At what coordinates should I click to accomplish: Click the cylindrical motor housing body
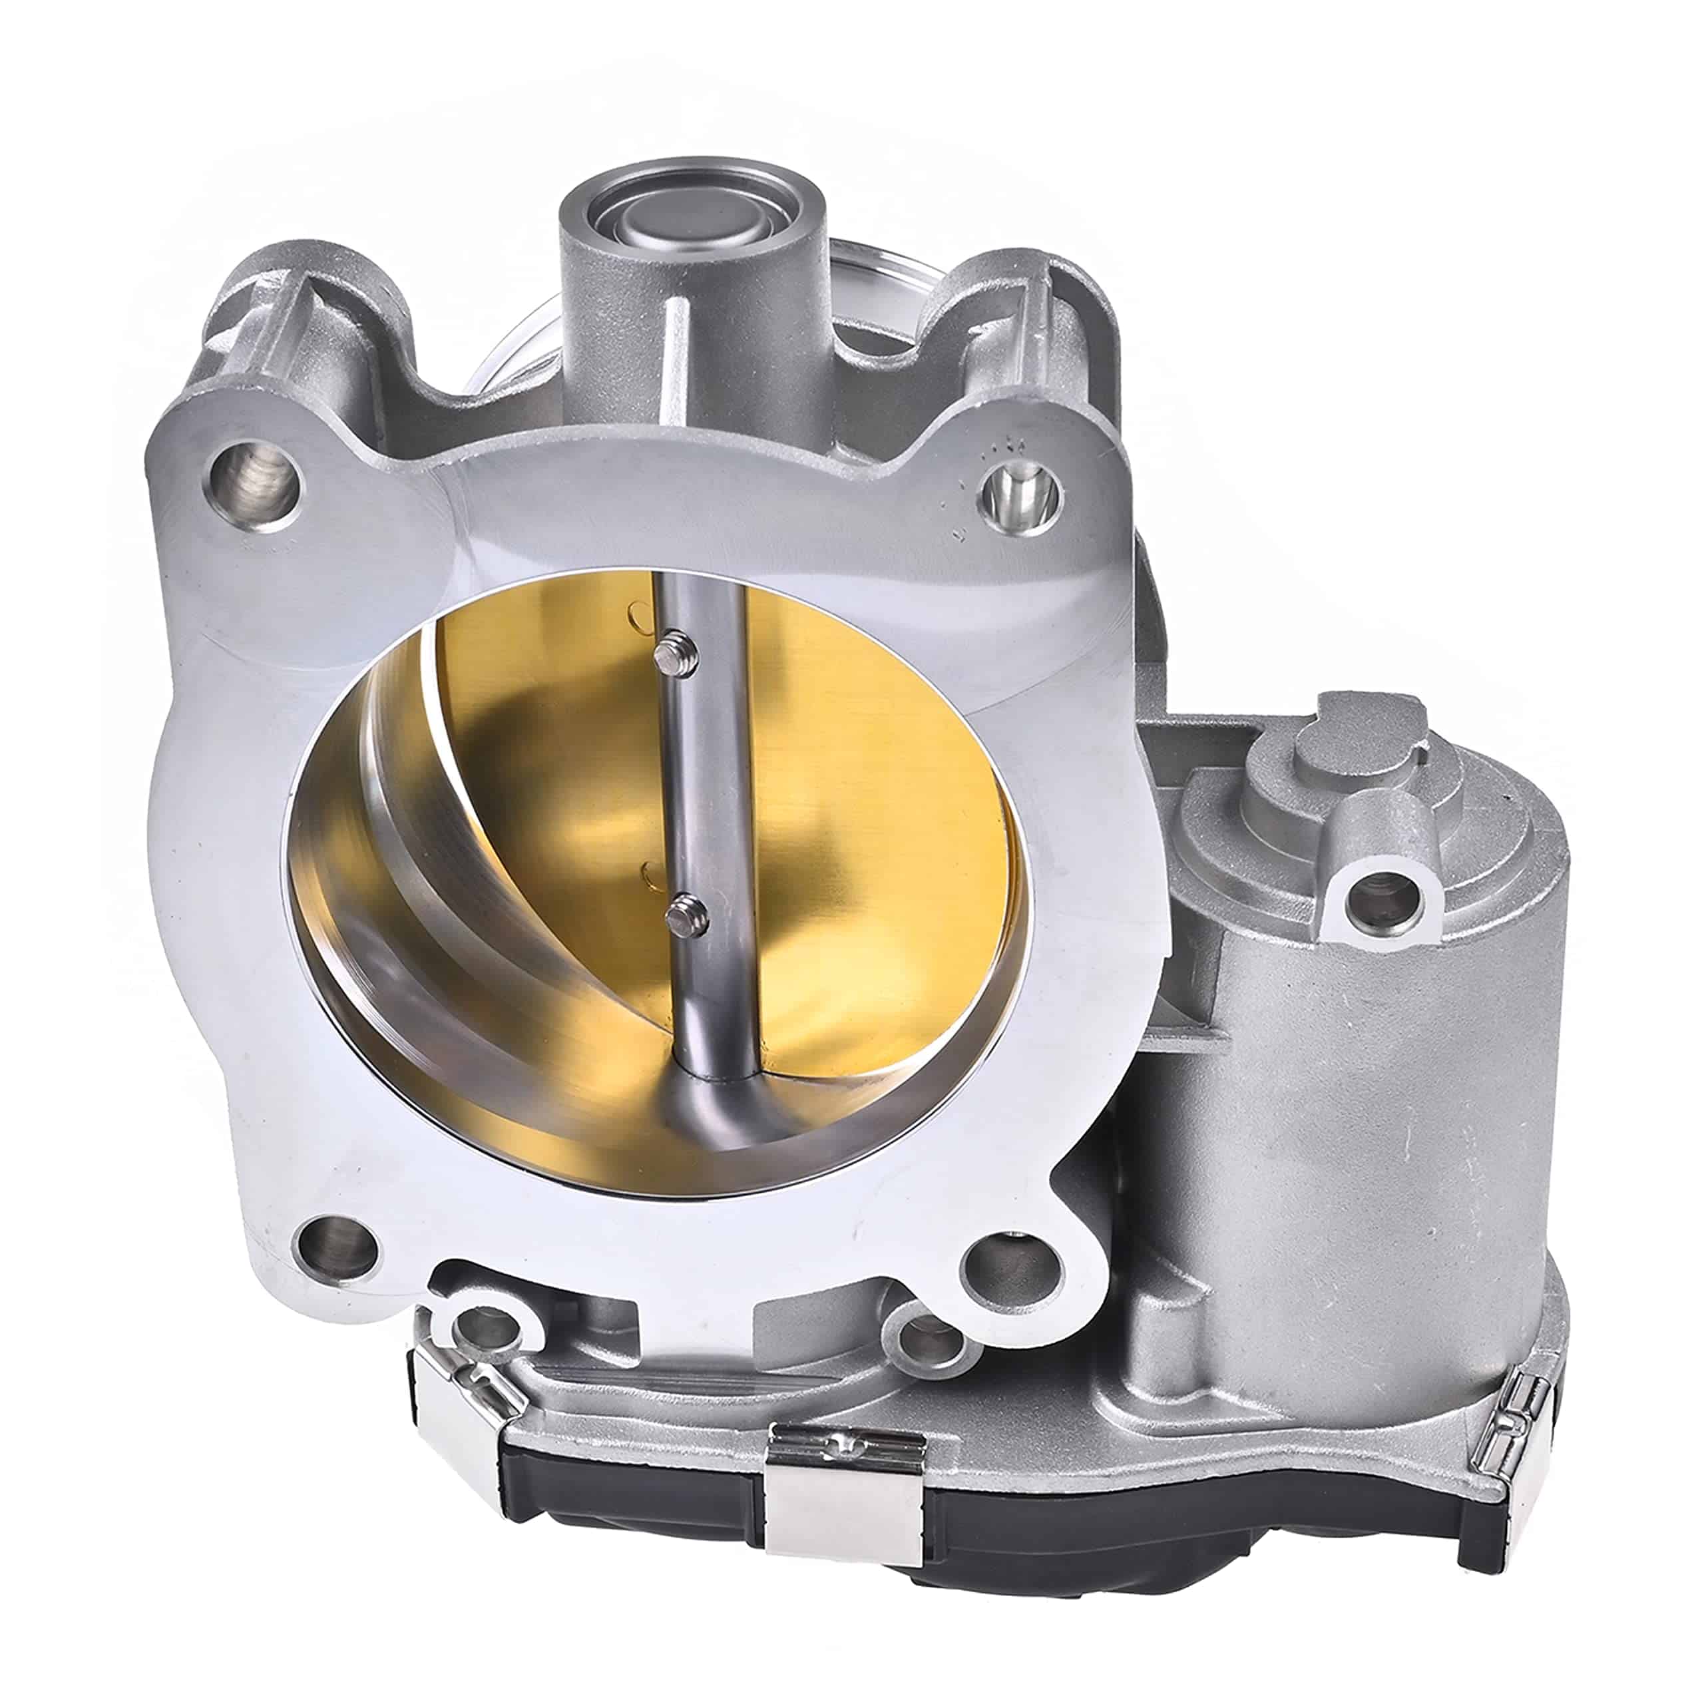click(x=1349, y=1147)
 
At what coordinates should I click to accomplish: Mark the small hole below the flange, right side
click(x=931, y=1345)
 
